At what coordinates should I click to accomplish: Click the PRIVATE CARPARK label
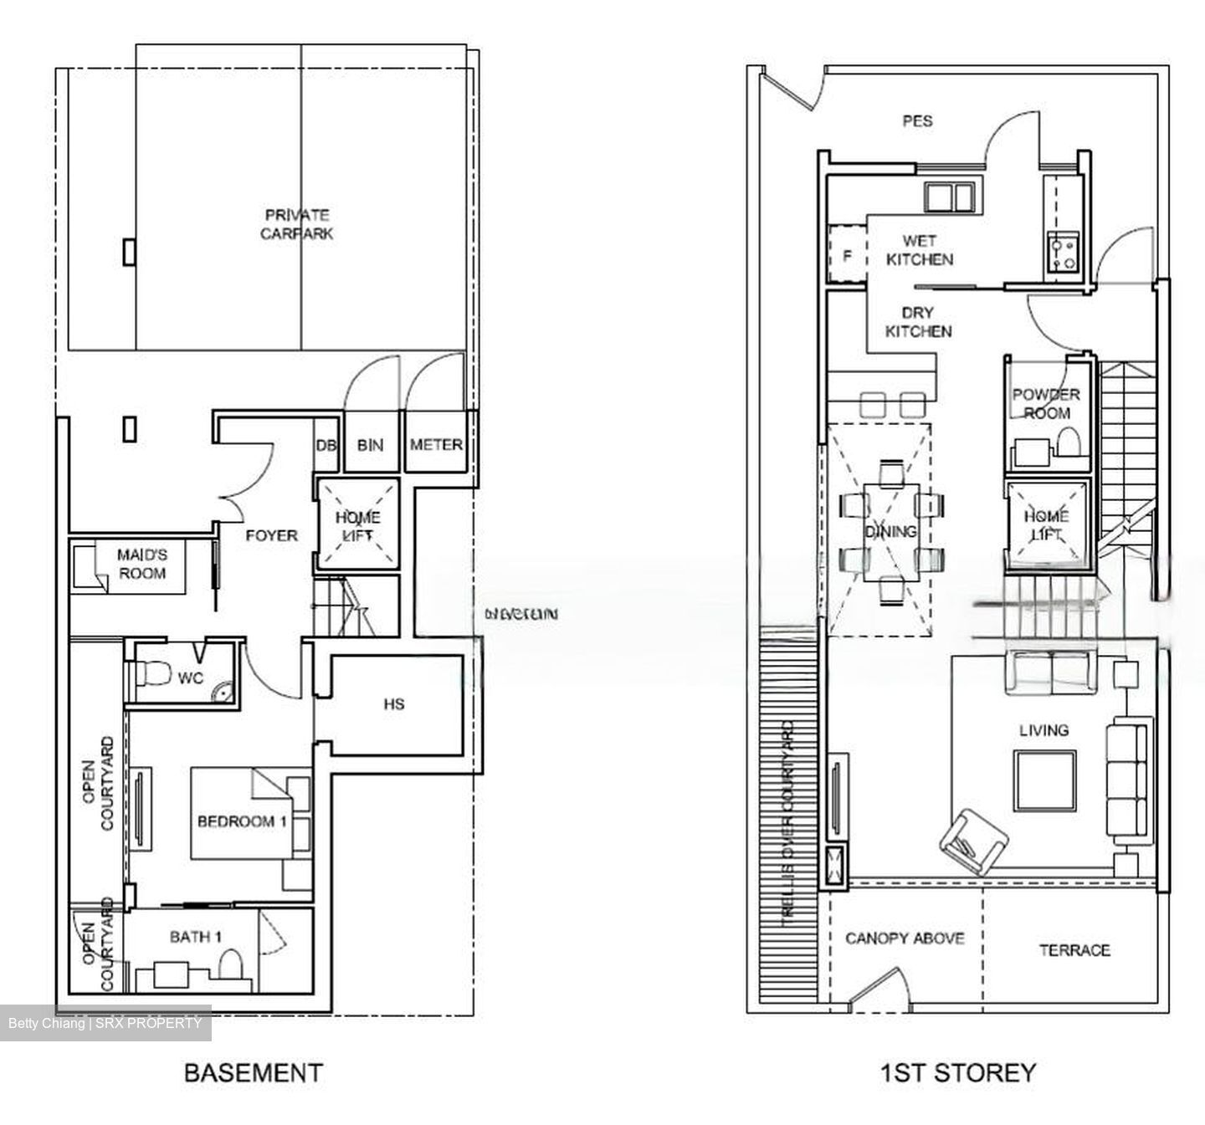click(296, 224)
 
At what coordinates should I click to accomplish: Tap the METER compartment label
click(436, 445)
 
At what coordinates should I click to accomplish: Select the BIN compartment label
click(370, 445)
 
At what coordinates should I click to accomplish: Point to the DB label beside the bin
click(326, 446)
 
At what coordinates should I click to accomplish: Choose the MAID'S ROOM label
click(141, 564)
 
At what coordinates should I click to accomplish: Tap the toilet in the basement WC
click(151, 673)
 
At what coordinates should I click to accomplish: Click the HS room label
click(394, 704)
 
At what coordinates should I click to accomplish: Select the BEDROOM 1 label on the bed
click(242, 821)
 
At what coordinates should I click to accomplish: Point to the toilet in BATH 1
click(230, 964)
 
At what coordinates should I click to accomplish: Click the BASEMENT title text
click(253, 1073)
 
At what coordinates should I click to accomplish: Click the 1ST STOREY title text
click(957, 1072)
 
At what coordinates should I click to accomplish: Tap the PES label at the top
click(917, 121)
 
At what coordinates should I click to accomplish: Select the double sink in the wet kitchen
click(949, 197)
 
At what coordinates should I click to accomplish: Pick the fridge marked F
click(847, 256)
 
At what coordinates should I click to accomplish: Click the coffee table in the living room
click(1044, 780)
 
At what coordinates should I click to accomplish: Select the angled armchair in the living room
click(973, 841)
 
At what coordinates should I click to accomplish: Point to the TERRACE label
click(1074, 950)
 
